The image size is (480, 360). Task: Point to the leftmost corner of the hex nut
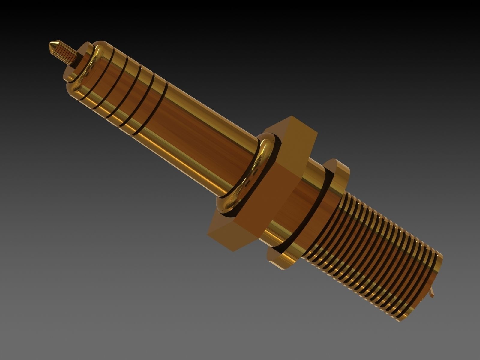208,234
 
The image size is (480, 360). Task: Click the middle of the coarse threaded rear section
378,249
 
